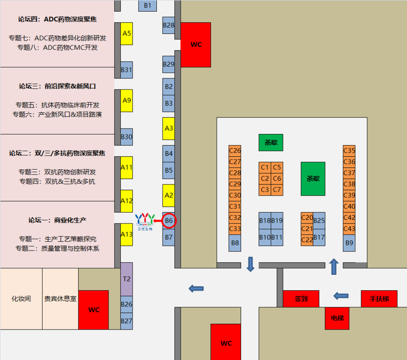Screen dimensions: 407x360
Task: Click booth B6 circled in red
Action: (x=169, y=221)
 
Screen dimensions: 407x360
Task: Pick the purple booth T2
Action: (x=127, y=279)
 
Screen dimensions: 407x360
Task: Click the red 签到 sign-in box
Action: (x=301, y=299)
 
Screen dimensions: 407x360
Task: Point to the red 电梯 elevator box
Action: (x=337, y=318)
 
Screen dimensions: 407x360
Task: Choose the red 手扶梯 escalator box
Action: (x=379, y=299)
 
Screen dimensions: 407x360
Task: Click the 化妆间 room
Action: (x=21, y=299)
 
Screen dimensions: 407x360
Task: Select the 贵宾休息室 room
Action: (x=60, y=299)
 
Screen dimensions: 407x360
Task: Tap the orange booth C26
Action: (x=235, y=151)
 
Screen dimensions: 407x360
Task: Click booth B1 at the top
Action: (x=147, y=6)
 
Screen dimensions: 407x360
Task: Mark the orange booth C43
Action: (x=349, y=229)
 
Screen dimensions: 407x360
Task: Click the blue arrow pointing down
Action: (x=250, y=264)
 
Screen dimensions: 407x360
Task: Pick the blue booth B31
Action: (x=127, y=70)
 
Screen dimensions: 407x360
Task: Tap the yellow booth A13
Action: (x=127, y=234)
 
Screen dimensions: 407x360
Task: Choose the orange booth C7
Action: (x=277, y=189)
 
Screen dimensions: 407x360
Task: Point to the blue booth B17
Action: (x=319, y=238)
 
